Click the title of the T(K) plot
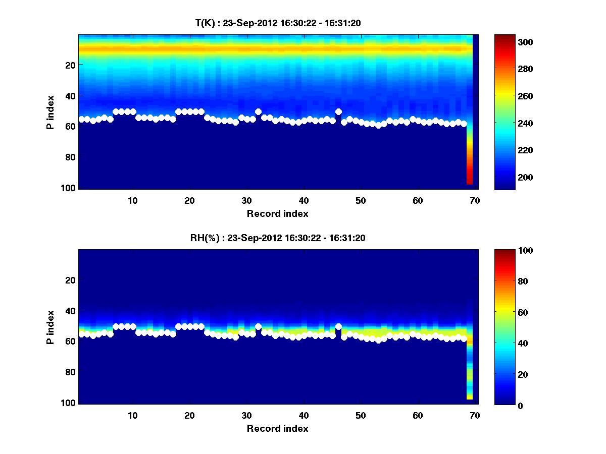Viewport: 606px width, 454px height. (x=277, y=23)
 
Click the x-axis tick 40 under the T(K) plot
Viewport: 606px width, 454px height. (x=304, y=200)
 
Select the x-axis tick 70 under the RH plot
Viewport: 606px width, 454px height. (x=475, y=415)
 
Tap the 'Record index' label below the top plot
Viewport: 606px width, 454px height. (x=277, y=213)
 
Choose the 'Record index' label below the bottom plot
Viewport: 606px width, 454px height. (x=277, y=428)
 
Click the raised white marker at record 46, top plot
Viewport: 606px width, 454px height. (x=338, y=111)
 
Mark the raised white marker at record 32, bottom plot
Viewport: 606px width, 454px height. (x=258, y=327)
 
